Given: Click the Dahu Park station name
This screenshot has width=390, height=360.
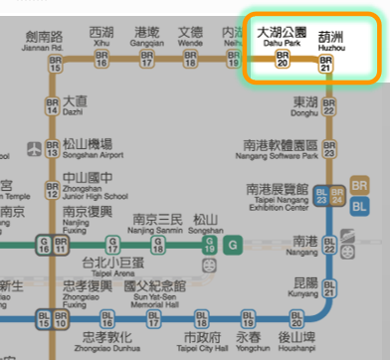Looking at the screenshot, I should point(282,37).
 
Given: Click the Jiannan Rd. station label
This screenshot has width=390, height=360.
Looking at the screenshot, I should point(43,39).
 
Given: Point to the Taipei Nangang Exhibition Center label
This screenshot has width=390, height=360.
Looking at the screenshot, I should point(279,198).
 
